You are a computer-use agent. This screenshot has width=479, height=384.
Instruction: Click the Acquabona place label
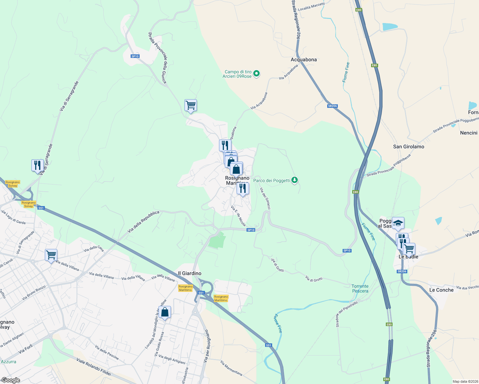pyautogui.click(x=304, y=60)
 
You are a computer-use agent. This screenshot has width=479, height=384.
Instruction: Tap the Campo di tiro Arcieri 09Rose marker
pyautogui.click(x=256, y=74)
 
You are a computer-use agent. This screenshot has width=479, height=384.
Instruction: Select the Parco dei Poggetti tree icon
pyautogui.click(x=295, y=180)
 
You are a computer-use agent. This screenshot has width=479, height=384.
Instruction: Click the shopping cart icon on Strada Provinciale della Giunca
pyautogui.click(x=191, y=105)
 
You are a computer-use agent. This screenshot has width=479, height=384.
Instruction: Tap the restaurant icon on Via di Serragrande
pyautogui.click(x=38, y=165)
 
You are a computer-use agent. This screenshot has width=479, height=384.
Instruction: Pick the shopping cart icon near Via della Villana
pyautogui.click(x=51, y=255)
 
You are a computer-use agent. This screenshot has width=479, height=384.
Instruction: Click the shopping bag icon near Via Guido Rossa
pyautogui.click(x=165, y=312)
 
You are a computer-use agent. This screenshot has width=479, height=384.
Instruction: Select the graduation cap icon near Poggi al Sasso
pyautogui.click(x=398, y=223)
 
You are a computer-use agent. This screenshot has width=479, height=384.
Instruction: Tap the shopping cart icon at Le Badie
pyautogui.click(x=409, y=249)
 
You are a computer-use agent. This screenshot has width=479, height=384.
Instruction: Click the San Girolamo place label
pyautogui.click(x=409, y=147)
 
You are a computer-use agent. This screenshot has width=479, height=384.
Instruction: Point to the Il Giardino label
pyautogui.click(x=190, y=273)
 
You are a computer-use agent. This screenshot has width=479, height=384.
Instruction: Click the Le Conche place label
pyautogui.click(x=441, y=290)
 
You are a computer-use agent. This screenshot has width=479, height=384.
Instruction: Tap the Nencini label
pyautogui.click(x=468, y=133)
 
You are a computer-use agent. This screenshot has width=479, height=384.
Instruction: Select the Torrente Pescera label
pyautogui.click(x=360, y=289)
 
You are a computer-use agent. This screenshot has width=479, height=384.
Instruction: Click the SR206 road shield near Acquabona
pyautogui.click(x=332, y=106)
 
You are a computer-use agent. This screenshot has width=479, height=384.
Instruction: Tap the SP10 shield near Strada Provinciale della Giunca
pyautogui.click(x=135, y=56)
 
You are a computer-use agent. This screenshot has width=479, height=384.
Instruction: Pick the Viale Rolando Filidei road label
pyautogui.click(x=93, y=367)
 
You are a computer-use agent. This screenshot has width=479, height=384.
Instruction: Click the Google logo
pyautogui.click(x=11, y=380)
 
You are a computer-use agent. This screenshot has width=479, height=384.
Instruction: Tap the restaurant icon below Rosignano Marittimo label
pyautogui.click(x=243, y=188)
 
